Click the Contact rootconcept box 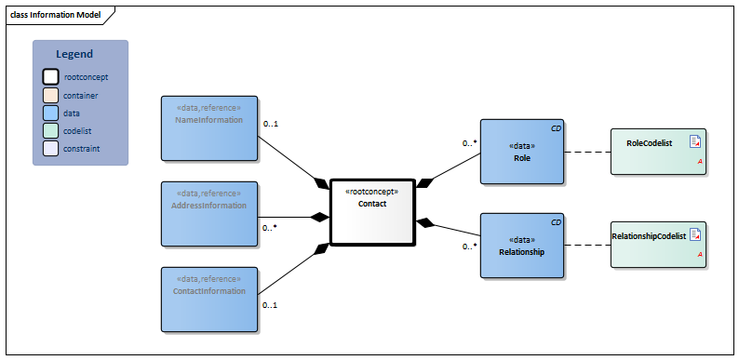tap(371, 212)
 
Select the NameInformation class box tap(209, 127)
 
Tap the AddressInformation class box tap(209, 214)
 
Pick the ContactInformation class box tap(209, 300)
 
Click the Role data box tap(522, 152)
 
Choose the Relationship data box tap(522, 246)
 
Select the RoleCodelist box tap(658, 152)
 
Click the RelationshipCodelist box tap(658, 246)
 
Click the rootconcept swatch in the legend tap(50, 77)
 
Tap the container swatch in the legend tap(50, 95)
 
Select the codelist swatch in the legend tap(50, 130)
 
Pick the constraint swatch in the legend tap(50, 148)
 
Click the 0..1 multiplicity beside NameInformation tap(271, 124)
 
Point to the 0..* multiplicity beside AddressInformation tap(271, 227)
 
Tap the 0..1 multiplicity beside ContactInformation tap(270, 304)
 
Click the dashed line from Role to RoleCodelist tap(587, 152)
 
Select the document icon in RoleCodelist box tap(694, 141)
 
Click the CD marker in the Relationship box tap(556, 221)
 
